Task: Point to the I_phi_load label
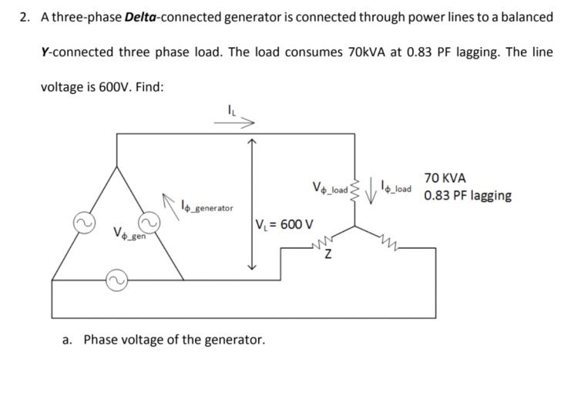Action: click(396, 186)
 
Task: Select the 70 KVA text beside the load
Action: click(445, 177)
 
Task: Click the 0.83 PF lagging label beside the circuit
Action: click(467, 195)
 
